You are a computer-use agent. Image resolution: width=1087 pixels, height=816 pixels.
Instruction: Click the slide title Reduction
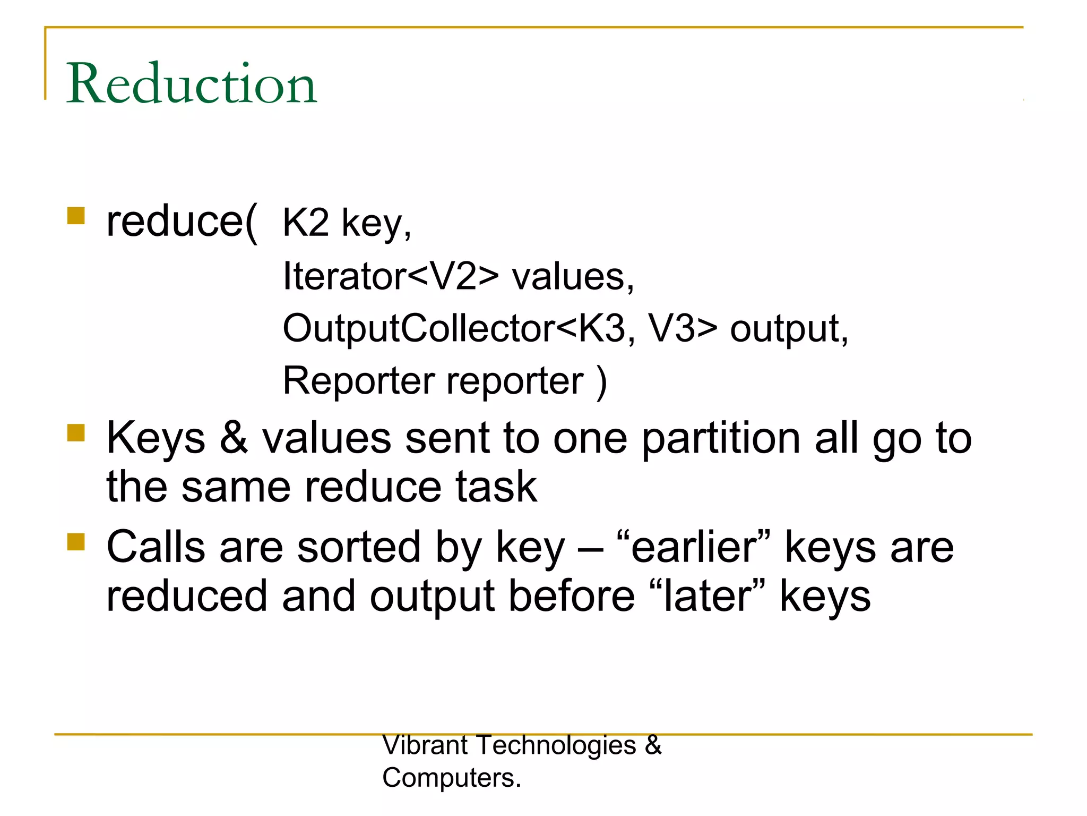click(x=192, y=83)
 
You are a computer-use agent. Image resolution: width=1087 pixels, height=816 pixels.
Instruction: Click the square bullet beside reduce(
click(x=76, y=216)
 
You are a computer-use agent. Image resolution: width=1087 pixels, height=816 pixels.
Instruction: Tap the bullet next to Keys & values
click(x=76, y=432)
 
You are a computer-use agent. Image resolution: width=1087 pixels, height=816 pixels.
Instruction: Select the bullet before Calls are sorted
click(x=76, y=542)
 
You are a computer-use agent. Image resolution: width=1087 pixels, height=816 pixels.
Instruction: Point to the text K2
click(x=306, y=223)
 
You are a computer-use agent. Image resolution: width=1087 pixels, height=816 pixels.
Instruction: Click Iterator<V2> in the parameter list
click(x=391, y=276)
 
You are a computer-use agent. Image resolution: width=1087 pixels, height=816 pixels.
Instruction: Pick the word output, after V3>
click(x=789, y=329)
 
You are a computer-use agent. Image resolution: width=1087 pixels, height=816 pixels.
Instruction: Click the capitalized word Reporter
click(x=359, y=380)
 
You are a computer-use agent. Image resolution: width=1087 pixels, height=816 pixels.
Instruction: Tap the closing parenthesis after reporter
click(x=601, y=381)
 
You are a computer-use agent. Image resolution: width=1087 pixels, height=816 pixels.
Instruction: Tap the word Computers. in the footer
click(x=452, y=778)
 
